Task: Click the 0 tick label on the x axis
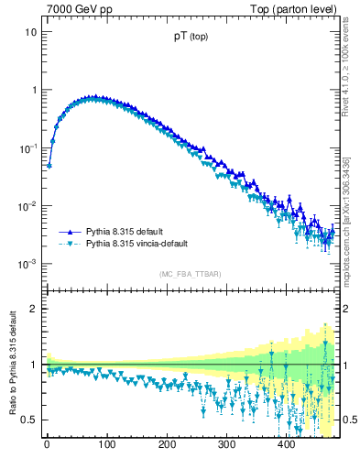pyautogui.click(x=47, y=444)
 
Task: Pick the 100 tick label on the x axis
pyautogui.click(x=106, y=444)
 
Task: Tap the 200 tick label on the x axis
pyautogui.click(x=166, y=444)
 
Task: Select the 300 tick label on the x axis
pyautogui.click(x=225, y=444)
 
